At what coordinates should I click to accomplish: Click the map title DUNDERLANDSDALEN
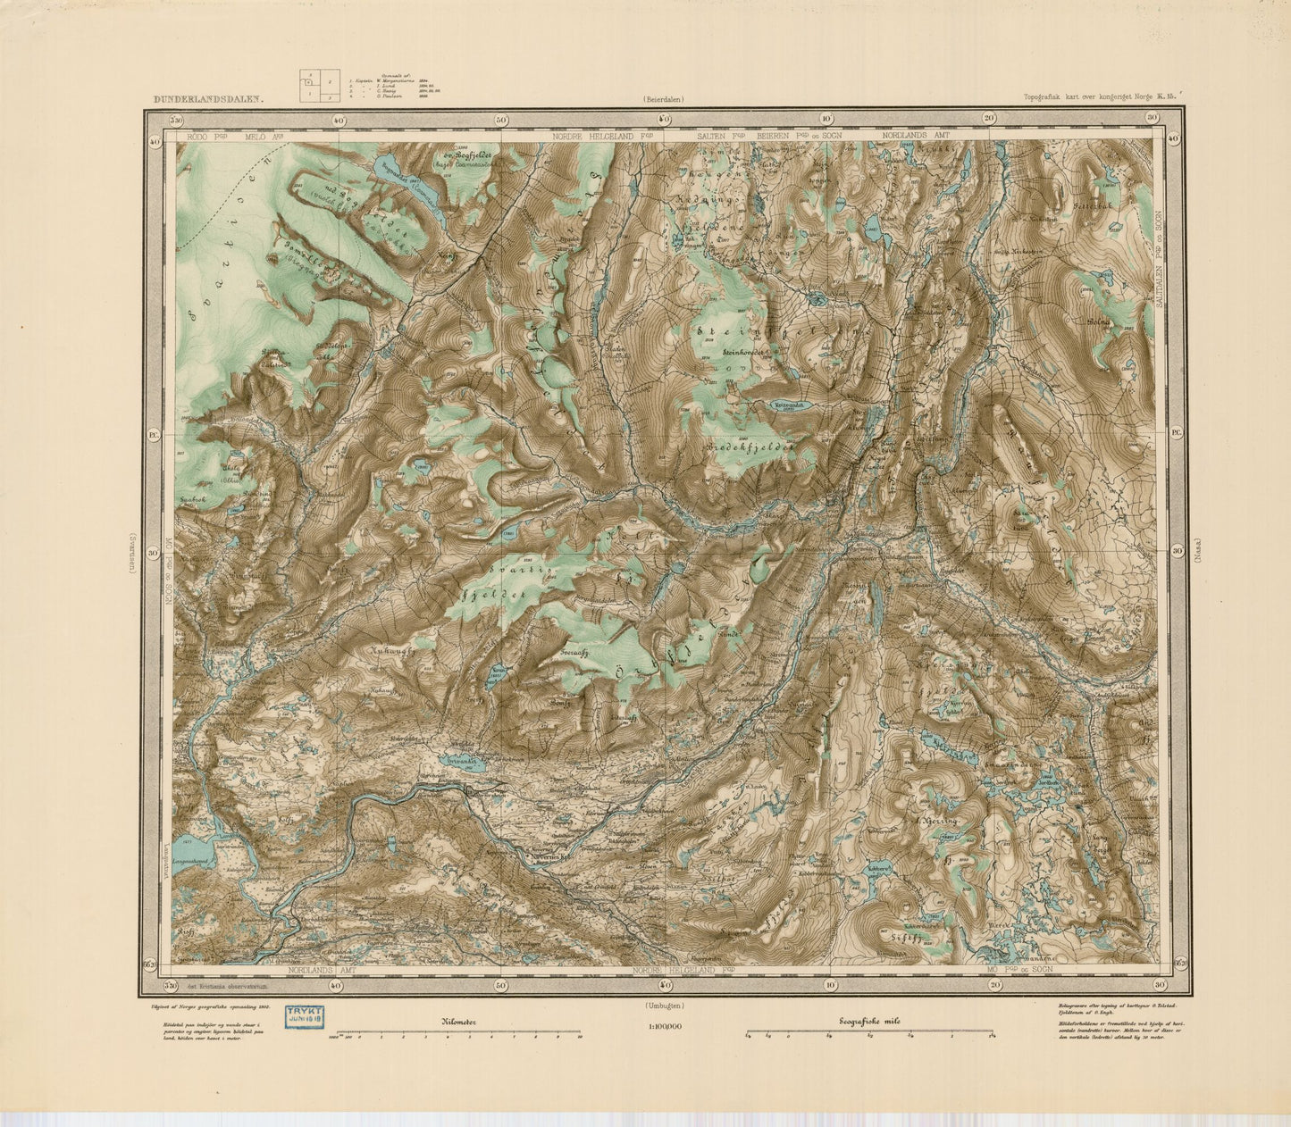[208, 101]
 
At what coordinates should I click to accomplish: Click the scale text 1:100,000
[662, 1027]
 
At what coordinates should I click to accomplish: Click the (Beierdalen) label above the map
[662, 100]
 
